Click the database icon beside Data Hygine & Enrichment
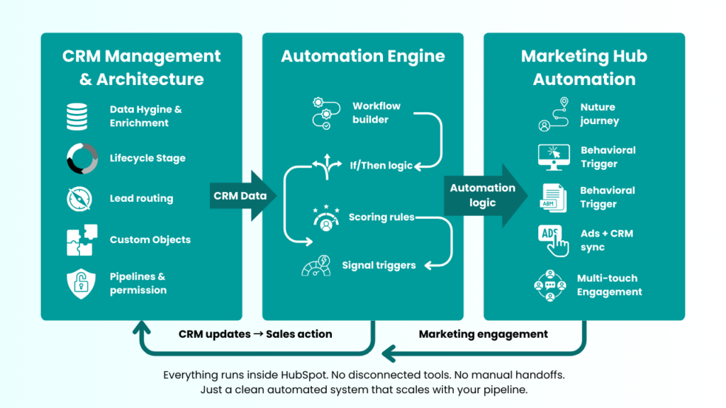[x=77, y=116]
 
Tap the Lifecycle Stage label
[x=147, y=158]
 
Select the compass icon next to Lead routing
[x=79, y=199]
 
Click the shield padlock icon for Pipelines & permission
[x=78, y=283]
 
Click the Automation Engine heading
[x=362, y=56]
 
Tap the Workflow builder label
[x=376, y=113]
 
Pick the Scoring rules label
[x=381, y=217]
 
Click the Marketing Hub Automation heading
[x=583, y=67]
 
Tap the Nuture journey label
[x=599, y=114]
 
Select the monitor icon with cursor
[x=554, y=157]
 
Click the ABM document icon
[x=554, y=198]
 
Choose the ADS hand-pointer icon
[x=554, y=240]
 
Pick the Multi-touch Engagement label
[x=609, y=285]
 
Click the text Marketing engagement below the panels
[x=483, y=334]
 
